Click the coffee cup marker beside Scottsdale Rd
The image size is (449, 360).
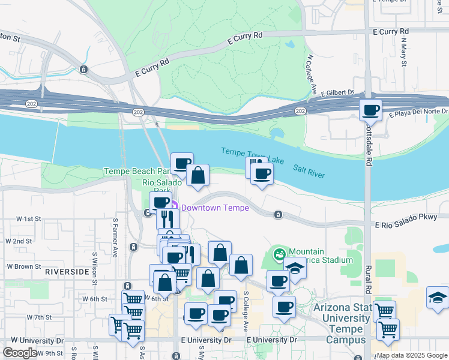click(370, 110)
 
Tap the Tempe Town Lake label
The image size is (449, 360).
click(252, 154)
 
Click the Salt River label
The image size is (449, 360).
click(309, 171)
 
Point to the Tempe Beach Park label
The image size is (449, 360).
click(137, 171)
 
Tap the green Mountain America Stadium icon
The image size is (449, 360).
click(279, 255)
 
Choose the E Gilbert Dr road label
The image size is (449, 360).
click(337, 93)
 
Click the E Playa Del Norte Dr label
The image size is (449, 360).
click(418, 112)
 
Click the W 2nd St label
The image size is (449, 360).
click(19, 241)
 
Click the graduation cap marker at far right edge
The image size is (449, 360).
click(438, 297)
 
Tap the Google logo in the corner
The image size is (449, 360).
click(20, 353)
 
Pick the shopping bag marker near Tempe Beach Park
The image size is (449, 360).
click(197, 175)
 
